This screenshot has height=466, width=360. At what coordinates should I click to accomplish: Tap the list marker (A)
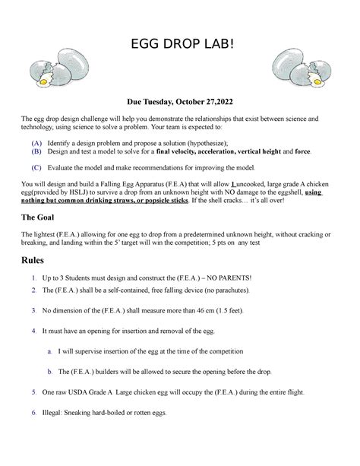tap(36, 143)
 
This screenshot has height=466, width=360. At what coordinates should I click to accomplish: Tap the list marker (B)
tap(36, 152)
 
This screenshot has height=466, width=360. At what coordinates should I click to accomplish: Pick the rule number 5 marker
tap(34, 392)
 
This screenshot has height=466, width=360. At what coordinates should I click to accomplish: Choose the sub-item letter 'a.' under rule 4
tap(49, 352)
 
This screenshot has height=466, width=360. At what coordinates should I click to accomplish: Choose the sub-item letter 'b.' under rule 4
tap(49, 372)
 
